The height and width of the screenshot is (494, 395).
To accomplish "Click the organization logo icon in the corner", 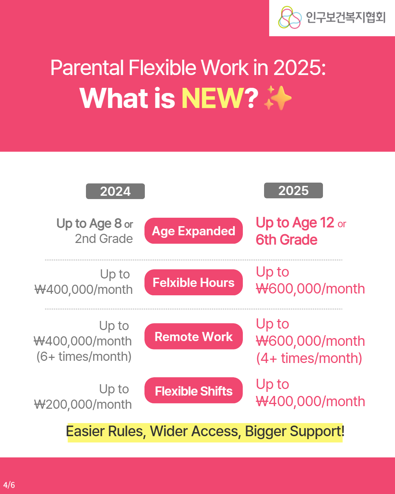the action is (x=290, y=18).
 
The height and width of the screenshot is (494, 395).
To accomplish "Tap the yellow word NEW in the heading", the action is (x=212, y=98).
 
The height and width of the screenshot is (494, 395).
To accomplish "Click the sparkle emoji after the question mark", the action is (x=278, y=98).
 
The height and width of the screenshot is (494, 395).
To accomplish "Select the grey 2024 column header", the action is (x=115, y=191).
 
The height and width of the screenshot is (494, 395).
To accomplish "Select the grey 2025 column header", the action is (x=293, y=191).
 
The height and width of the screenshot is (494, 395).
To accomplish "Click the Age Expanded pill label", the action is (x=193, y=231).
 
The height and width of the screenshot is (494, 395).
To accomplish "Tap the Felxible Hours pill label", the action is (x=193, y=282).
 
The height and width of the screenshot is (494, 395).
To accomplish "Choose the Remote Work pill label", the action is (x=193, y=337).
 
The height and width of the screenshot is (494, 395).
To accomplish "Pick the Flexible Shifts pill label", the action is (x=193, y=391).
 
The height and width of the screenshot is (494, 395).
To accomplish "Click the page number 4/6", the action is (x=9, y=485).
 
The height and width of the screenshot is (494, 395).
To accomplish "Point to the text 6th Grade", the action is (x=286, y=240).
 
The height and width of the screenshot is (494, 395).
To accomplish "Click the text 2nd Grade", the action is (x=104, y=239).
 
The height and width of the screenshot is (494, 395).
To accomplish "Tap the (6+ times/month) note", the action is (x=84, y=356).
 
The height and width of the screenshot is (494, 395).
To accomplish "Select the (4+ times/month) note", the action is (x=309, y=358).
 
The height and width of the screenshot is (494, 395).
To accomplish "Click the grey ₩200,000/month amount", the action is (x=83, y=404).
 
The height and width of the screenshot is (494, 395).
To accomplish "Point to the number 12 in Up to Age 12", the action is (x=327, y=222).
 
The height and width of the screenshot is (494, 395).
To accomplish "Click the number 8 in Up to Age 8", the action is (x=118, y=223).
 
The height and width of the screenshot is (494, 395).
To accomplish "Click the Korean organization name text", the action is (x=346, y=18).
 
